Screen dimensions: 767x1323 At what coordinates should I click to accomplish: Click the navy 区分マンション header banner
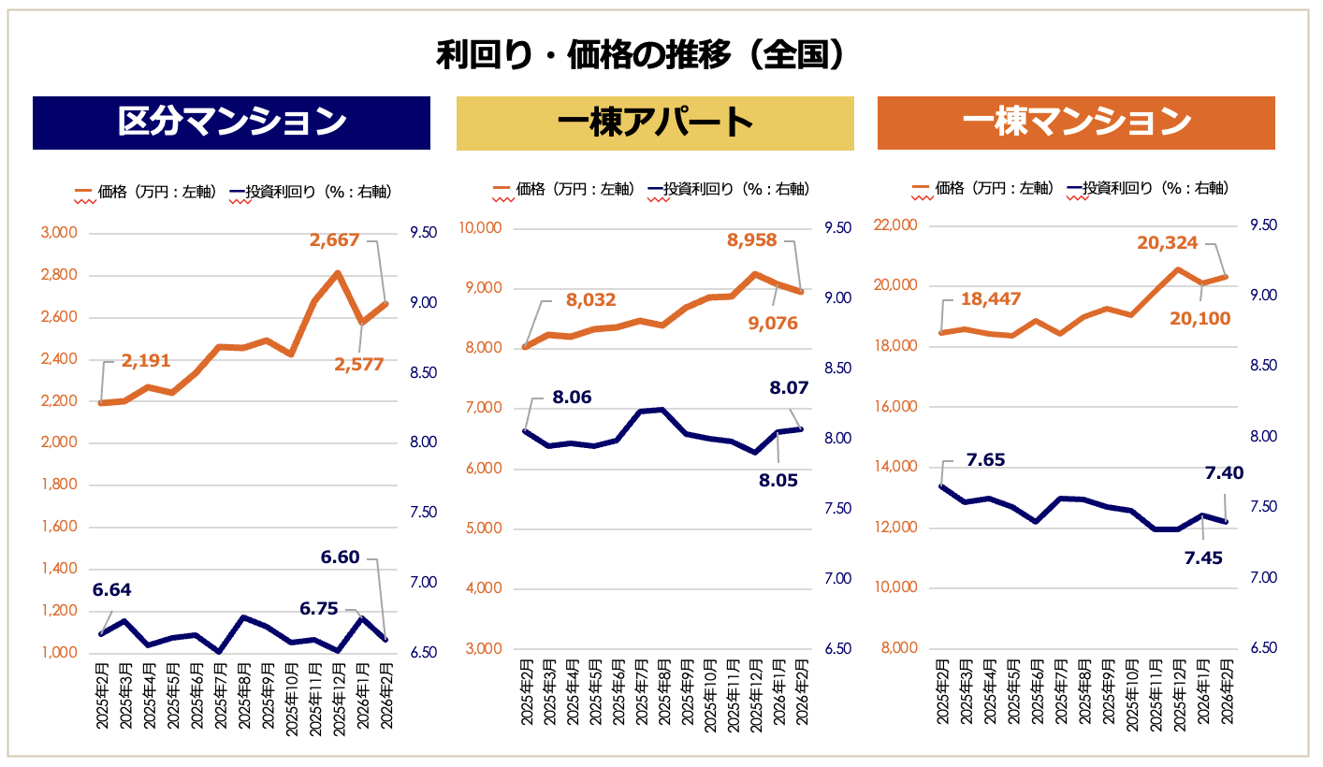click(x=231, y=123)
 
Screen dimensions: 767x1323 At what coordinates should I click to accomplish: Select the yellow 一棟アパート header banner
click(x=655, y=123)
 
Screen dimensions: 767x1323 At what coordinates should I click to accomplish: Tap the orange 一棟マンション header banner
click(x=1076, y=123)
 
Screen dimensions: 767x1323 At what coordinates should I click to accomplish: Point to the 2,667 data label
click(x=334, y=240)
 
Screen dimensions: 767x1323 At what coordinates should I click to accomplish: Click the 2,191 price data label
click(x=145, y=361)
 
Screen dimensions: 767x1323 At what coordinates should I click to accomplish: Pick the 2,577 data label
click(x=359, y=365)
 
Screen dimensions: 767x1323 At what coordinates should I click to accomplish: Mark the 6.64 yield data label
click(x=111, y=590)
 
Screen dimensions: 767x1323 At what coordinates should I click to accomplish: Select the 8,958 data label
click(x=752, y=240)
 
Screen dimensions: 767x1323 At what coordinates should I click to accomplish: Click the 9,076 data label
click(x=774, y=324)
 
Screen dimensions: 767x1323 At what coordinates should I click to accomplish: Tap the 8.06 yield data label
click(x=573, y=398)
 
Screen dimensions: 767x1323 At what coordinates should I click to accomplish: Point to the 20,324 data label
click(x=1167, y=243)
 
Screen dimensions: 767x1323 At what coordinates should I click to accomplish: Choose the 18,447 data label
click(x=989, y=299)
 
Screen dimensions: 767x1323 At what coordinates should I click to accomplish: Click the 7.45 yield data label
click(x=1202, y=558)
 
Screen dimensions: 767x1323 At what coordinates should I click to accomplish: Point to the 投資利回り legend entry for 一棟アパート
click(x=726, y=190)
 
